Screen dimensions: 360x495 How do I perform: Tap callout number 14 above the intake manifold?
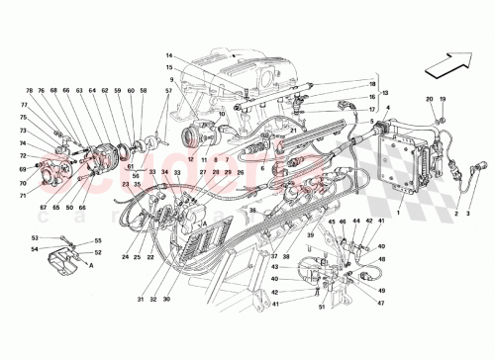(169, 55)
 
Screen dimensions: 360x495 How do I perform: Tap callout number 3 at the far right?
(472, 212)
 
